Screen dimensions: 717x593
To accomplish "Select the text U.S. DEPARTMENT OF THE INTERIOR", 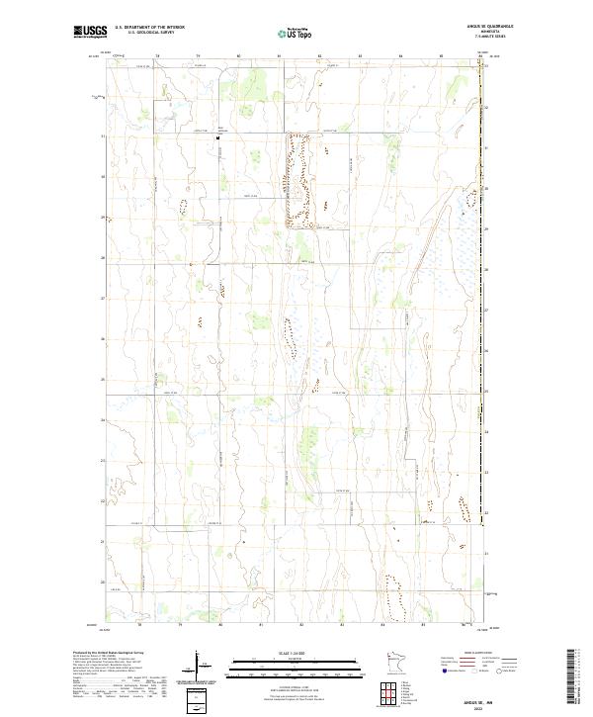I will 149,28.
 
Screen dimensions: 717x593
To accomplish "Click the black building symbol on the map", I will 218,138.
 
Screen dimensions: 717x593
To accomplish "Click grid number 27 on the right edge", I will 488,310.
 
